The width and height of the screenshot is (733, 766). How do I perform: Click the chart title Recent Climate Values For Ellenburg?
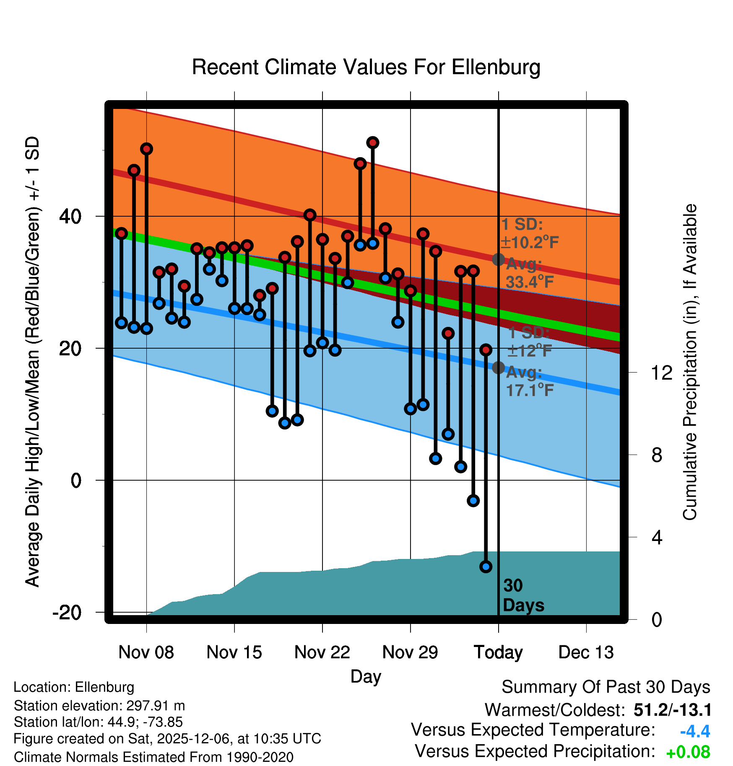tap(366, 67)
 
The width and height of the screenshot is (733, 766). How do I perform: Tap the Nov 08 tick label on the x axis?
tap(146, 652)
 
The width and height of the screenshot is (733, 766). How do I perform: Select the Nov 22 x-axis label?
tap(322, 652)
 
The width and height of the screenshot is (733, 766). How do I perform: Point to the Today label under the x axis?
tap(498, 652)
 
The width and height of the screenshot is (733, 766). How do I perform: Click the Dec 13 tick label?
tap(586, 652)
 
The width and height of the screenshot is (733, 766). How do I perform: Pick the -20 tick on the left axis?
tap(67, 612)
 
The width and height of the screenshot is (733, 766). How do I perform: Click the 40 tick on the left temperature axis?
tap(70, 216)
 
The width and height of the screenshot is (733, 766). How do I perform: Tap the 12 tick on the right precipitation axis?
tap(662, 373)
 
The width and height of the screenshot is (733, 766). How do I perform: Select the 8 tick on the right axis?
tap(657, 455)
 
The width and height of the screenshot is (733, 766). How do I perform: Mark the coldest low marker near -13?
tap(486, 567)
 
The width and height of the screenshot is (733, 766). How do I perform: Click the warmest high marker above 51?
tap(372, 143)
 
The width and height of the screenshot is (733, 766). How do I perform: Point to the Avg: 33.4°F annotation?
tap(529, 273)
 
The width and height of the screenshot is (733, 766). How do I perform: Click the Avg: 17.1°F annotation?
tap(529, 381)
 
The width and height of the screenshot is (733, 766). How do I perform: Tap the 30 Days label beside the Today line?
tap(523, 595)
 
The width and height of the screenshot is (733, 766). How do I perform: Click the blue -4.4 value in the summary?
tap(695, 731)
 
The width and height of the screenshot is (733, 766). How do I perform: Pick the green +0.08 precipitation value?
tap(688, 752)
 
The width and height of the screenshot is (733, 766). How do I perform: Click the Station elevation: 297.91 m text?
tap(99, 706)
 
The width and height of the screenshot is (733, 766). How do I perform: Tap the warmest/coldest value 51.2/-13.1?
tap(672, 710)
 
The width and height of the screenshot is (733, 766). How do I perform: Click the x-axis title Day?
tap(366, 676)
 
